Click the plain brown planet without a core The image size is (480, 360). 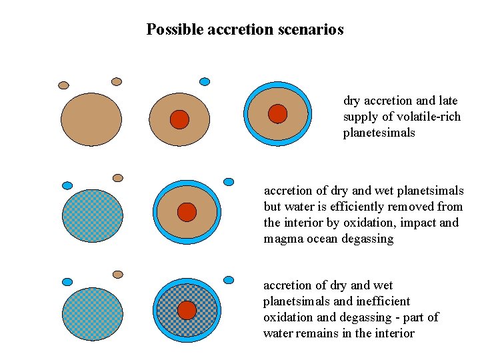(x=91, y=120)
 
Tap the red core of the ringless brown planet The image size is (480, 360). (x=179, y=119)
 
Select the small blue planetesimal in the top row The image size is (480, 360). (x=205, y=81)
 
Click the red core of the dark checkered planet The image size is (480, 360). (x=187, y=310)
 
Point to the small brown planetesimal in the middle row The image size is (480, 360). (x=118, y=178)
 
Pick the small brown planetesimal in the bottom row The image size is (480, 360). (x=118, y=274)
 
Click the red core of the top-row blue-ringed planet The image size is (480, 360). (x=277, y=114)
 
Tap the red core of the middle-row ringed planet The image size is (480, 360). (x=187, y=212)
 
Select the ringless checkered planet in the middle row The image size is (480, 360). (x=93, y=215)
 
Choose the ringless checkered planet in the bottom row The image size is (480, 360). (x=93, y=313)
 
